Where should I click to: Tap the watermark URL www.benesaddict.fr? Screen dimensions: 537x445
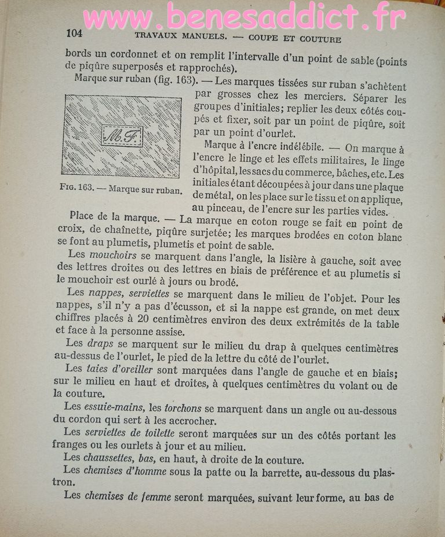coord(244,18)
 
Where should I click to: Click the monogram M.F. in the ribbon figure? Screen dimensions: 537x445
coord(122,137)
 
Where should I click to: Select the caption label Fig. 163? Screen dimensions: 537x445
coord(76,188)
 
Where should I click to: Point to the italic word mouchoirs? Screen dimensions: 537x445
coord(113,255)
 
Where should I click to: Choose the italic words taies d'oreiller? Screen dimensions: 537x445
coord(119,368)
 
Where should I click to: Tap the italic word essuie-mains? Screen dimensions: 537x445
coord(114,406)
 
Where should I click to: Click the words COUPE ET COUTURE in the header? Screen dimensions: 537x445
coord(294,39)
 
